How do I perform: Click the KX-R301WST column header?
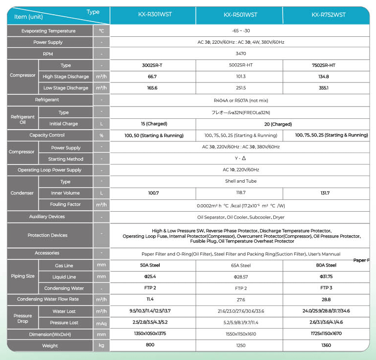152,15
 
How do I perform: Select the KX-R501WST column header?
240,15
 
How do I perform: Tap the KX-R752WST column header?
328,15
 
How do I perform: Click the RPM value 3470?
241,54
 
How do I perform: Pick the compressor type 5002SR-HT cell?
240,65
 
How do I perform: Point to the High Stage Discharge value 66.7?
152,77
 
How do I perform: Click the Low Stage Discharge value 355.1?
324,88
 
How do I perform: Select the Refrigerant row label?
47,100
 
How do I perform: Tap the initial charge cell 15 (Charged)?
152,124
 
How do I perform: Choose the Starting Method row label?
65,159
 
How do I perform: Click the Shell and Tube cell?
241,181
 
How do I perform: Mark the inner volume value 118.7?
240,193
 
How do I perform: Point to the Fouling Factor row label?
65,204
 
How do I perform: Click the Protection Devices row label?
48,235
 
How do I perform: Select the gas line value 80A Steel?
324,265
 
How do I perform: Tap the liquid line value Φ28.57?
240,277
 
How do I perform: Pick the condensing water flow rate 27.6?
240,299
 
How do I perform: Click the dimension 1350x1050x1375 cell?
152,333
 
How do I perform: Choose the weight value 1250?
240,345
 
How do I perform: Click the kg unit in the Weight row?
101,345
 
